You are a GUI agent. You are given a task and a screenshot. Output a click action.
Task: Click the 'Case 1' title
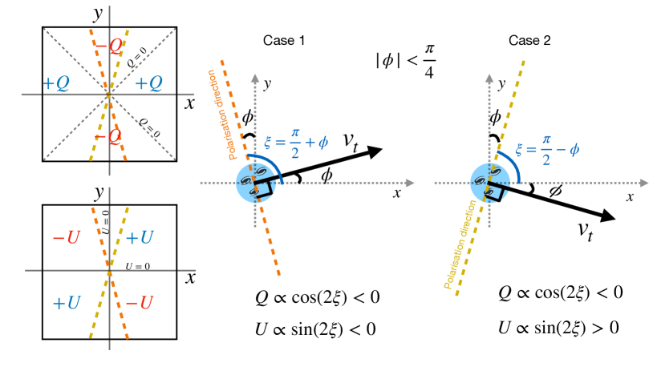[x=283, y=40]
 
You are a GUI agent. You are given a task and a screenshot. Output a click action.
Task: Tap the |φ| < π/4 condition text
[x=404, y=61]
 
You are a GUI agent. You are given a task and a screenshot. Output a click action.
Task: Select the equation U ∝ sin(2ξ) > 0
[x=560, y=328]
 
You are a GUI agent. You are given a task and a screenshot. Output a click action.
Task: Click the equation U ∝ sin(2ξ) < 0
[x=315, y=329]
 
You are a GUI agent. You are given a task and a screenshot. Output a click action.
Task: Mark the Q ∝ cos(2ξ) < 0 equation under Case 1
[x=315, y=297]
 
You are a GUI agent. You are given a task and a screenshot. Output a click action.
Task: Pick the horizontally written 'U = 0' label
[x=136, y=264]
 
